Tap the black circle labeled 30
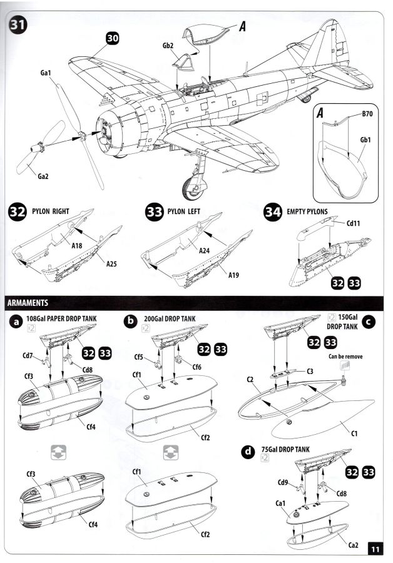tap(113, 38)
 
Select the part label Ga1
tap(45, 73)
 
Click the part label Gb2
tap(168, 46)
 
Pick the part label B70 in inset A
tap(367, 114)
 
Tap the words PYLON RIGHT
tap(53, 211)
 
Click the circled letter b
tap(131, 321)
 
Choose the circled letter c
tap(369, 322)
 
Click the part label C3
tap(310, 372)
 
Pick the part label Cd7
tap(28, 356)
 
